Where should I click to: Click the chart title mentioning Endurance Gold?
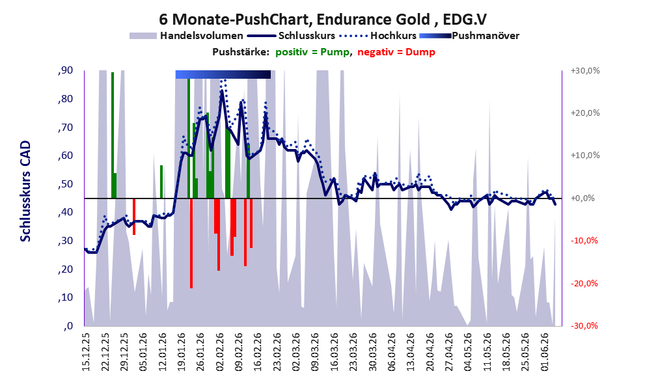[x=323, y=19]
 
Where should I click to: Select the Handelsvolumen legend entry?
[x=186, y=36]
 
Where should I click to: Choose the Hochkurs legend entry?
[x=377, y=36]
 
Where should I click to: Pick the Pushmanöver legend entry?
[x=469, y=36]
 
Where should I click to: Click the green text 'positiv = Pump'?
[x=312, y=52]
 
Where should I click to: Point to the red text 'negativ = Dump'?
[x=396, y=52]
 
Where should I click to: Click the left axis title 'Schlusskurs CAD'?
[x=25, y=191]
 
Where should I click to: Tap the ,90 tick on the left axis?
[x=65, y=70]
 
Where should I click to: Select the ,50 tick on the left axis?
[x=65, y=184]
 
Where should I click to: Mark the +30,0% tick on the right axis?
[x=585, y=71]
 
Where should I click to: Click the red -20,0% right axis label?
[x=584, y=283]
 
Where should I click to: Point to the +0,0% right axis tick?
[x=583, y=198]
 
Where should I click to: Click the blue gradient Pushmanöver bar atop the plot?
[x=223, y=74]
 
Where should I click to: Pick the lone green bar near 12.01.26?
[x=161, y=182]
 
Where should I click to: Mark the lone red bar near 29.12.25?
[x=133, y=217]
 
